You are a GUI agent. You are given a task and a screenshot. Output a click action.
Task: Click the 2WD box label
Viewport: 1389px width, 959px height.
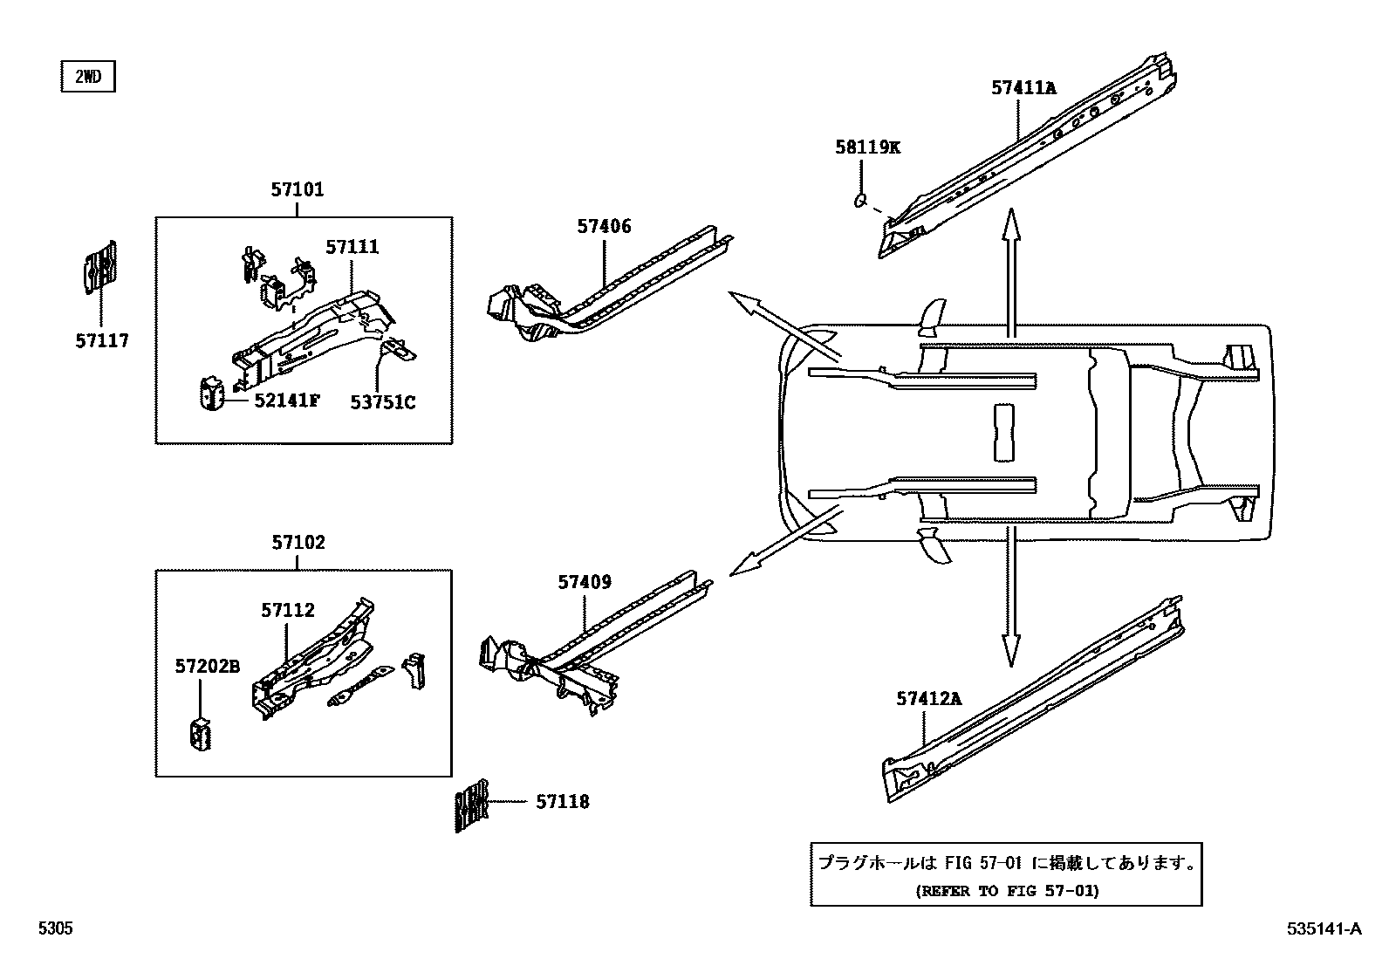[87, 77]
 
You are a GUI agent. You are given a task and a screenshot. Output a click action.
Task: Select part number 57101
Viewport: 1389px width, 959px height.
[297, 189]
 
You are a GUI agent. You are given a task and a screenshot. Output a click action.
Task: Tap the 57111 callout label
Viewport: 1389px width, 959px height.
[352, 247]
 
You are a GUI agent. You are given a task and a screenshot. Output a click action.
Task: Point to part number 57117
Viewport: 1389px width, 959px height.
[102, 341]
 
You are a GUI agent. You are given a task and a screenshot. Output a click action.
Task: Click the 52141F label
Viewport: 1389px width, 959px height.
[287, 401]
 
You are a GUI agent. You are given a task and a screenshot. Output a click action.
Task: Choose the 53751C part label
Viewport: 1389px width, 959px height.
[383, 402]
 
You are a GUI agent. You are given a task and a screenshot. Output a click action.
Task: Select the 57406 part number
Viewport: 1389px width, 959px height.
[604, 227]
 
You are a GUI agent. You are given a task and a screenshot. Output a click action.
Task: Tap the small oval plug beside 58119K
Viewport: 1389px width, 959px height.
[859, 202]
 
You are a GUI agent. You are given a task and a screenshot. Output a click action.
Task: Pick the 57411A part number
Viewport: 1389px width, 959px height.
[1023, 87]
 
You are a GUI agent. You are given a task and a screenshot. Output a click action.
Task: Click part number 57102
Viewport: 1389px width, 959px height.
[298, 543]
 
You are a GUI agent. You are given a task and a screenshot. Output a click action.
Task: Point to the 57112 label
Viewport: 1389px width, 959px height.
[288, 611]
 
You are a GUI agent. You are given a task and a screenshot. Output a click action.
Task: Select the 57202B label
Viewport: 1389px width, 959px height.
[207, 667]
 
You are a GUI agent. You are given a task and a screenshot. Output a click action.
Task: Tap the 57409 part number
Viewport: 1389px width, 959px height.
[585, 582]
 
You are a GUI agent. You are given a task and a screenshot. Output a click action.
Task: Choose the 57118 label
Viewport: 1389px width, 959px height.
[563, 801]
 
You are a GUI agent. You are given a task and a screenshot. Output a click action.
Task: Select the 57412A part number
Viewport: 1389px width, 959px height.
[928, 698]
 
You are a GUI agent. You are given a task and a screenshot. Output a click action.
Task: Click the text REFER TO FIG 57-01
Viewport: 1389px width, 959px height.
[1007, 891]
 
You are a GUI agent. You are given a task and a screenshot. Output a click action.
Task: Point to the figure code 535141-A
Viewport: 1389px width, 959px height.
[1323, 929]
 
